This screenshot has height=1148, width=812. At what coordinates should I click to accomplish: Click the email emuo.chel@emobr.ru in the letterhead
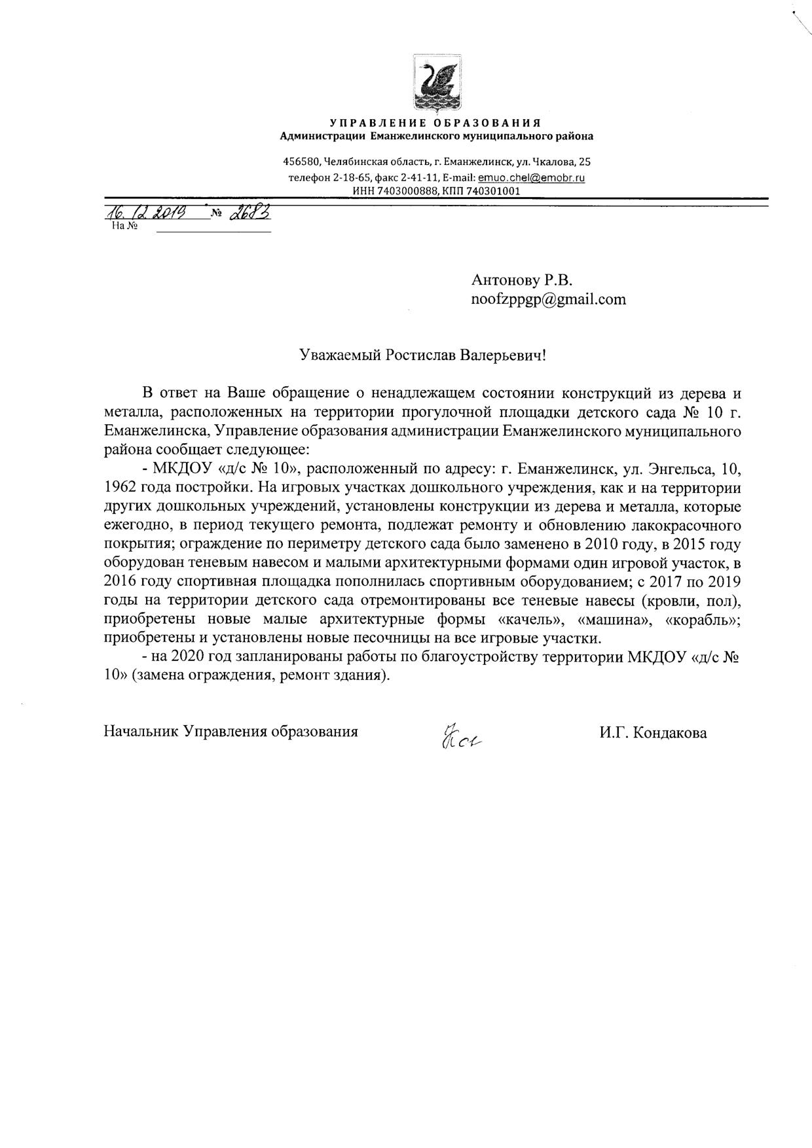(x=531, y=177)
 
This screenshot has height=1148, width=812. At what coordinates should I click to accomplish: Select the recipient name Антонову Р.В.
(x=521, y=280)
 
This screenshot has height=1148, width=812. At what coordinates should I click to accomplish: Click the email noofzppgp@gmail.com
(x=548, y=300)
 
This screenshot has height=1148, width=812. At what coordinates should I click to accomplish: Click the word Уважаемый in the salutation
(x=340, y=355)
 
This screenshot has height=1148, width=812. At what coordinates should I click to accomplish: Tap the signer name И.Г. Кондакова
(x=652, y=732)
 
